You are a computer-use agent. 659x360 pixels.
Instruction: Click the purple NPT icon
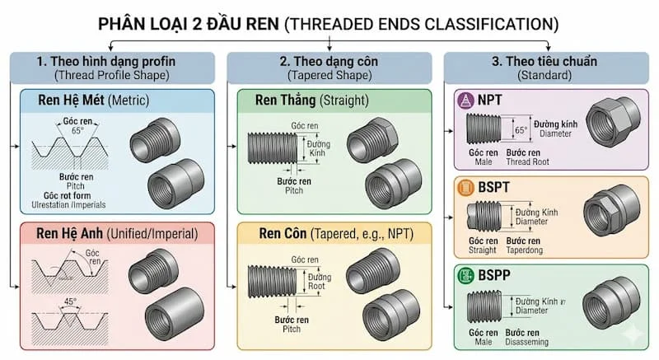(x=466, y=101)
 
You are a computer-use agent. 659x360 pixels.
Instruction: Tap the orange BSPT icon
(x=466, y=189)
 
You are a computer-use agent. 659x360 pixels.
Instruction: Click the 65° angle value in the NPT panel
(x=521, y=129)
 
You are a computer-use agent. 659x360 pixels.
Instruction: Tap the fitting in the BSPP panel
(x=610, y=302)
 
